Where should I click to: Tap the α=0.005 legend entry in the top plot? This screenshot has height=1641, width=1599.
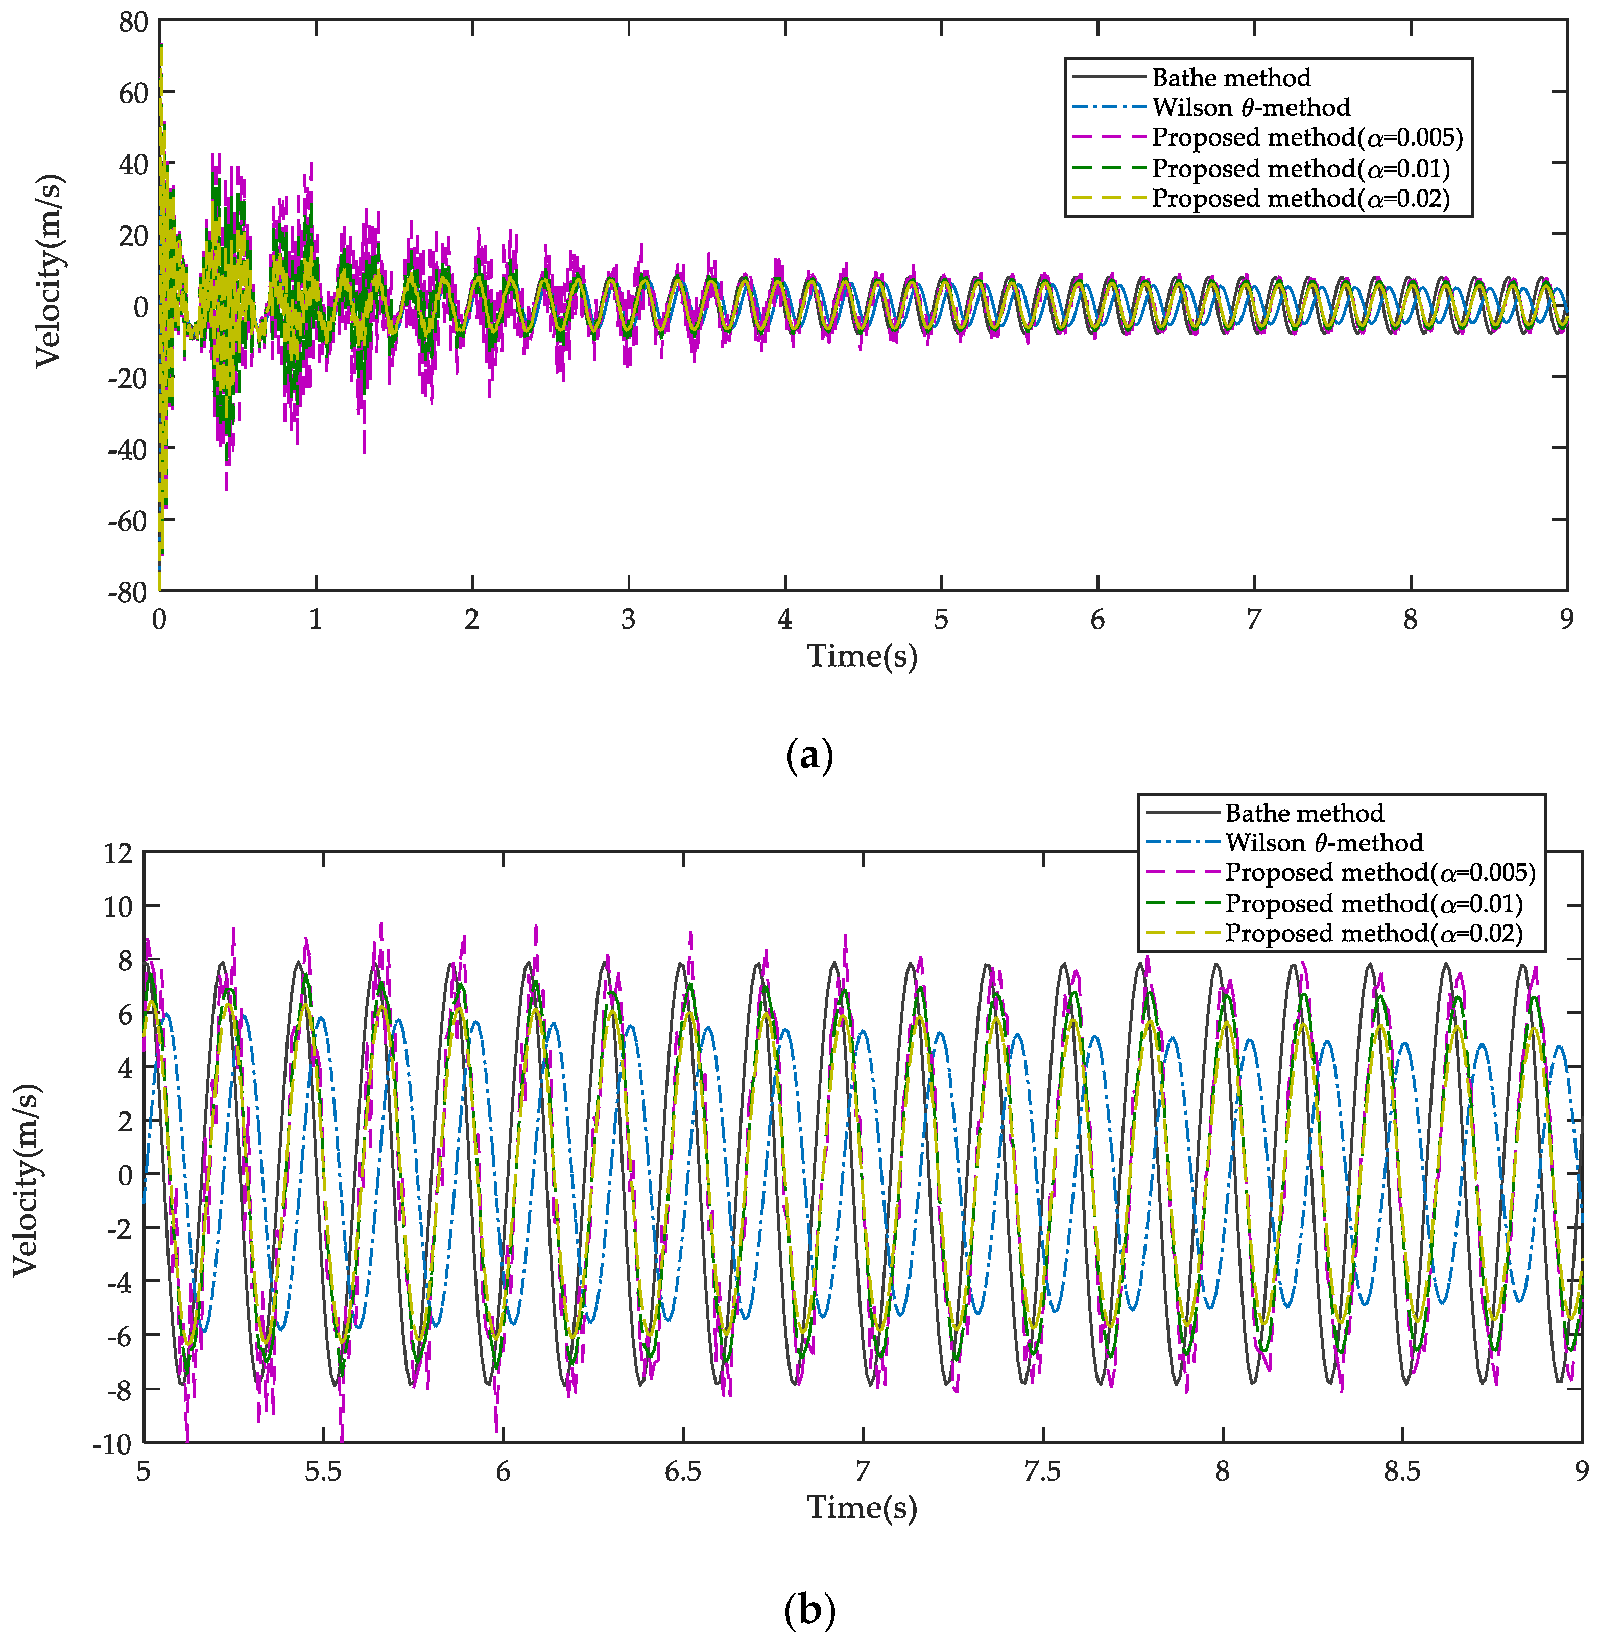point(1307,138)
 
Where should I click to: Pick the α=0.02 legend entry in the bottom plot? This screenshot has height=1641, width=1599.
point(1373,933)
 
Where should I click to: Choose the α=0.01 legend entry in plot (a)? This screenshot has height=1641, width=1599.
point(1300,169)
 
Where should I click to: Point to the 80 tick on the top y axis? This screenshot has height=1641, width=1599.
point(133,22)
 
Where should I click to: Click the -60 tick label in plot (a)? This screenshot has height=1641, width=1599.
point(128,520)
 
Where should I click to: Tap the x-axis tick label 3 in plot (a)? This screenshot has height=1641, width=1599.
point(628,620)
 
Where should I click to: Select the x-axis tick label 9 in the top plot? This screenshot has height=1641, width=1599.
point(1566,620)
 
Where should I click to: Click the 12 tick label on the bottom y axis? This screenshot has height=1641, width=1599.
point(118,853)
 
